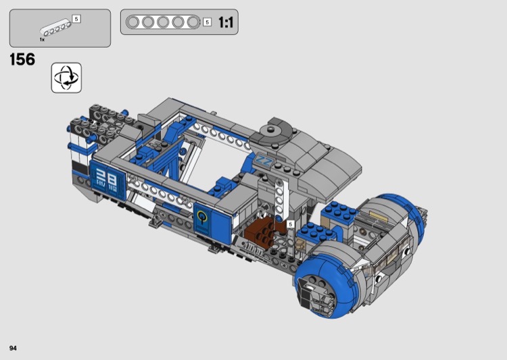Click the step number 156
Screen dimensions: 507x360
(22, 59)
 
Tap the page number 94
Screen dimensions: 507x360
(13, 348)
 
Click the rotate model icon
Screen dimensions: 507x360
(66, 78)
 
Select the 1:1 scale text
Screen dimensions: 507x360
(226, 22)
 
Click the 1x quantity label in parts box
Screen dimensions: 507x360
(42, 39)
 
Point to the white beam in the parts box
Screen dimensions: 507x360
(55, 27)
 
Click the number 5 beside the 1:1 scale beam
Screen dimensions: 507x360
(208, 22)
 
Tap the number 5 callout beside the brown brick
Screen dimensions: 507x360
(291, 224)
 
